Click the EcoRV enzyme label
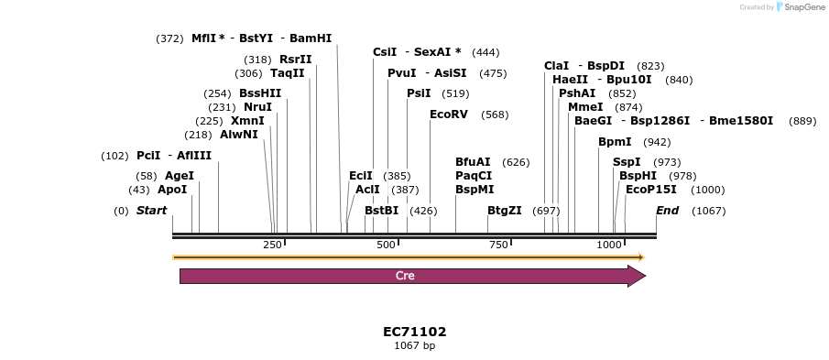[449, 115]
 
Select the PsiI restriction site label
[419, 93]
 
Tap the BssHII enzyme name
[260, 93]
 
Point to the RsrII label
[296, 60]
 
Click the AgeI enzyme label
[180, 176]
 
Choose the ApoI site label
[172, 190]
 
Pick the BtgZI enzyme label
[505, 211]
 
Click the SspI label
[627, 162]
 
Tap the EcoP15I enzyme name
[651, 190]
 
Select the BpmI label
[615, 142]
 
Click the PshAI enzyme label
[577, 93]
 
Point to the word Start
[152, 211]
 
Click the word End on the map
[668, 211]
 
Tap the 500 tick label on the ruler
[386, 245]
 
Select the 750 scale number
[497, 245]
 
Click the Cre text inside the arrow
[405, 276]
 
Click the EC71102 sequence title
[414, 332]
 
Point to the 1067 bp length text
[414, 345]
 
